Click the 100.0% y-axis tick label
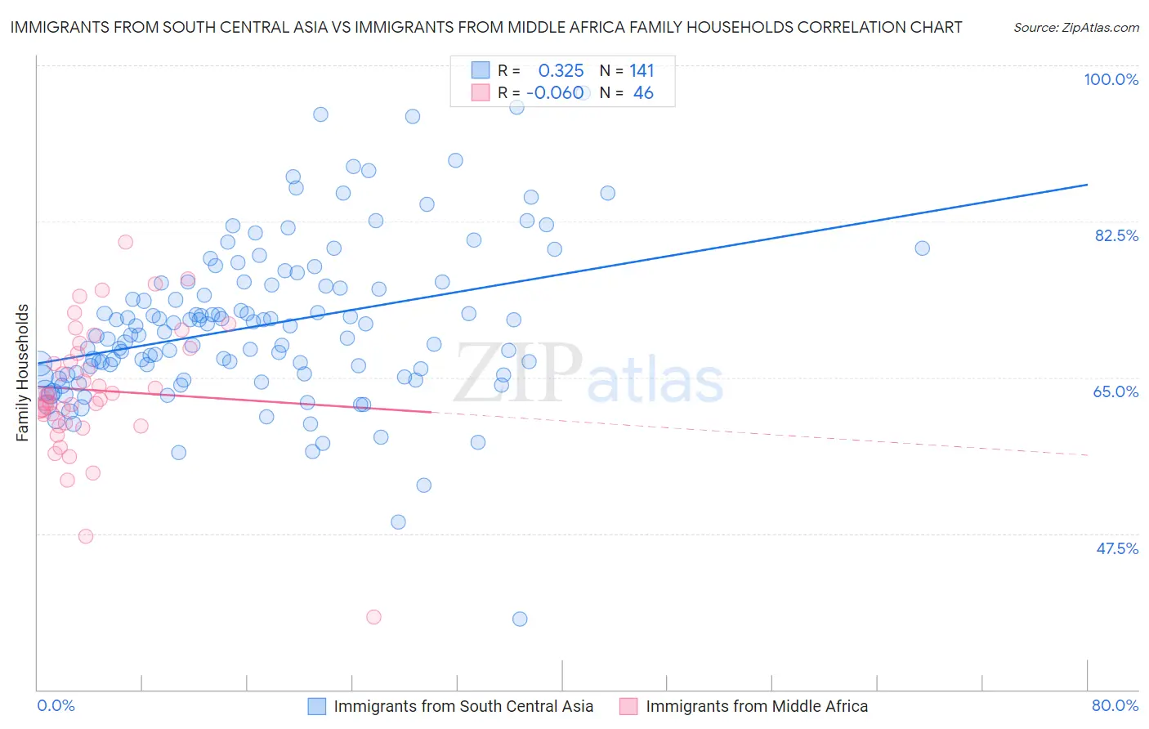coord(1111,79)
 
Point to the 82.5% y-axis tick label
coord(1116,235)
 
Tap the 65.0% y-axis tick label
coord(1115,391)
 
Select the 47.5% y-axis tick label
coord(1116,548)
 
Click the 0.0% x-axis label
coord(56,705)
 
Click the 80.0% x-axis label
coord(1115,705)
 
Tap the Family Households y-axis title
coord(23,373)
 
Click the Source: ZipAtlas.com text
coord(1075,27)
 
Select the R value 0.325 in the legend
coord(561,71)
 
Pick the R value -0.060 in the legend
coord(555,93)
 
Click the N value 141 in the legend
coord(642,71)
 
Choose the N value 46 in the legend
coord(643,93)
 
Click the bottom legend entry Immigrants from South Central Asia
coord(463,706)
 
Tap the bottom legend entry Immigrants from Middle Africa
coord(756,706)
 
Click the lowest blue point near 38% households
coord(520,619)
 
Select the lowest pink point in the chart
coord(373,617)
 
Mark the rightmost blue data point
coord(922,248)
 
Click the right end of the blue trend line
coord(1087,185)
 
